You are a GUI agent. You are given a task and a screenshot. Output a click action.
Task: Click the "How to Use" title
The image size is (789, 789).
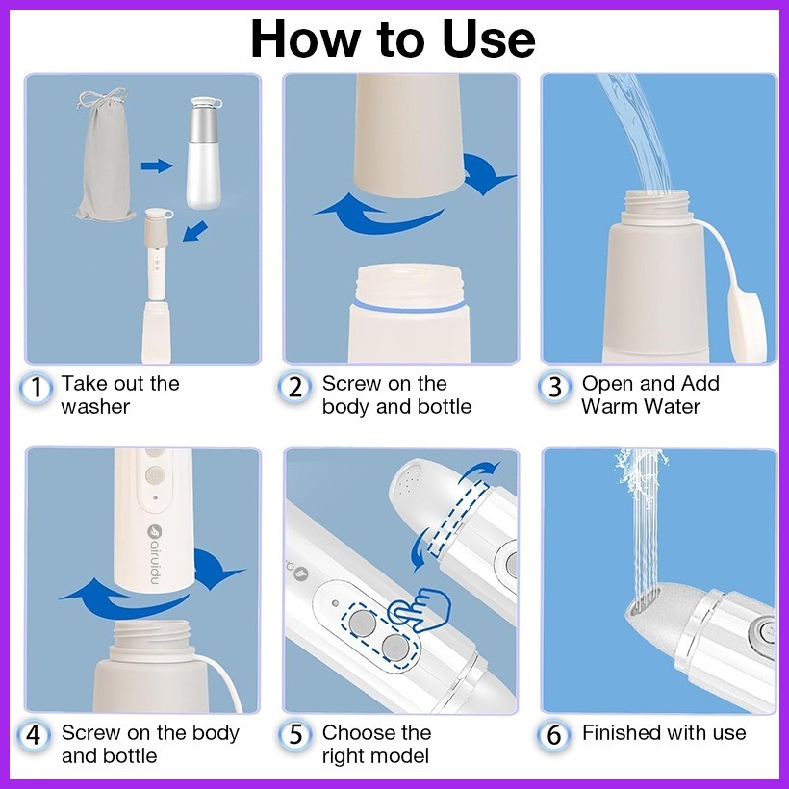click(x=393, y=39)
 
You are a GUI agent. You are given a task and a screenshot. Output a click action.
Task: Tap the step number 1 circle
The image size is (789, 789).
click(x=36, y=389)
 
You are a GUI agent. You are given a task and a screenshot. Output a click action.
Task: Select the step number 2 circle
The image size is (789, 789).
click(x=295, y=389)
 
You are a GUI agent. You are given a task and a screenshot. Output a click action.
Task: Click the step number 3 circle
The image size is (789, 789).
click(x=554, y=389)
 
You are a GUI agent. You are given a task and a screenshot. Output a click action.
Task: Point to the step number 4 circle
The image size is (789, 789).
click(x=34, y=736)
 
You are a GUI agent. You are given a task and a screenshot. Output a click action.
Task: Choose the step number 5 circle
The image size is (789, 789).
click(x=295, y=735)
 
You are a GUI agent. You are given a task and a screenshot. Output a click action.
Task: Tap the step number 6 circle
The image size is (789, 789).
click(x=554, y=735)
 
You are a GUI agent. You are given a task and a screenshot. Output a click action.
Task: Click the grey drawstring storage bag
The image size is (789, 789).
click(x=104, y=155)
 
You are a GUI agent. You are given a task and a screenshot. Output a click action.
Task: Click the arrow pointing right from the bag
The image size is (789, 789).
click(x=157, y=165)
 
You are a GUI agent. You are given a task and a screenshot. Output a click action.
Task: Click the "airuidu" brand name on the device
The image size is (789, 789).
click(x=154, y=554)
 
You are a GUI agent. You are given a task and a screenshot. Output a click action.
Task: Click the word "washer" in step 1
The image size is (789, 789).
click(x=95, y=407)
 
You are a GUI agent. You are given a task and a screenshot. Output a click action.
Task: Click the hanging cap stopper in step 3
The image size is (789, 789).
click(x=747, y=323)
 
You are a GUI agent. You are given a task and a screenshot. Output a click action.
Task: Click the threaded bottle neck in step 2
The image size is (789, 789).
click(x=409, y=285)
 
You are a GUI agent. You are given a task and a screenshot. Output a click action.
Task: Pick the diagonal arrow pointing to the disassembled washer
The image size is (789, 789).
click(x=195, y=231)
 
